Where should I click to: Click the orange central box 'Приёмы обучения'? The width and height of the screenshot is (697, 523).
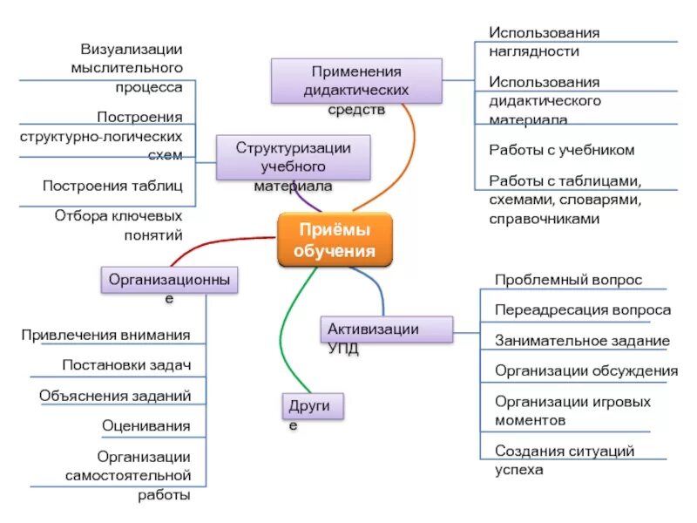[x=335, y=241]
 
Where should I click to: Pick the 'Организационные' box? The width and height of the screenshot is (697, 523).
[x=170, y=280]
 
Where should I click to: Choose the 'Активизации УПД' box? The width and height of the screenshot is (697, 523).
[x=387, y=329]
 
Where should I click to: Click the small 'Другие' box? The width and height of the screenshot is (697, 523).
[x=312, y=405]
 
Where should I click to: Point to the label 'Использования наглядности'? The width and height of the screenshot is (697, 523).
[x=545, y=42]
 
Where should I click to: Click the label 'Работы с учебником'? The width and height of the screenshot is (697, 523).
[x=561, y=150]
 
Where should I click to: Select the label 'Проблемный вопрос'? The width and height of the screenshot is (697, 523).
[x=568, y=280]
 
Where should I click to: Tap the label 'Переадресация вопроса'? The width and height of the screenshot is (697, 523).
[x=582, y=310]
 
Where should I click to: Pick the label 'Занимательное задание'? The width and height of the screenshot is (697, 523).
[x=582, y=341]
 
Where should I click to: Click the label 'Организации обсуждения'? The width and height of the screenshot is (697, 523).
[x=585, y=371]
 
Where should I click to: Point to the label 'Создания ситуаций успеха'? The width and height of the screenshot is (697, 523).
[x=564, y=460]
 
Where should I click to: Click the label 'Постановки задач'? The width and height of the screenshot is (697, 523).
[x=126, y=365]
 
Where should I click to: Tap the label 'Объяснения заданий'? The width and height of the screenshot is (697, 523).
[x=115, y=396]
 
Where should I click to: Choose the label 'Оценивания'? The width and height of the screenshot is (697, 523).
[x=145, y=426]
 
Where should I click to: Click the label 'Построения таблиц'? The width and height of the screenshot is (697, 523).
[x=112, y=185]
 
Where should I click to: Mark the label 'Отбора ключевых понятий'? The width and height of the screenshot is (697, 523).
[x=118, y=224]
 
